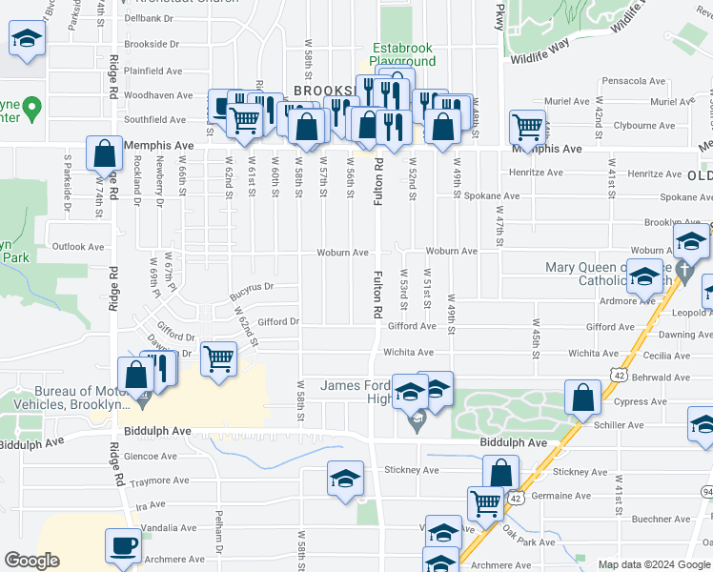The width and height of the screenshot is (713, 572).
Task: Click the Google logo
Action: click(31, 561)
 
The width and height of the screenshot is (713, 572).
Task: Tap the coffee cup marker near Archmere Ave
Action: click(123, 546)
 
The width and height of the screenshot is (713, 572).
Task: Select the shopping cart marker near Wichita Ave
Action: click(219, 359)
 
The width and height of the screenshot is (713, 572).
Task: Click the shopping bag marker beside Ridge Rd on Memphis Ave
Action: click(104, 153)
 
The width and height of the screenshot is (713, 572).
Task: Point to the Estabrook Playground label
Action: click(403, 54)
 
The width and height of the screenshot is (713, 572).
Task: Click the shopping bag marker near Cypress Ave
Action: click(581, 398)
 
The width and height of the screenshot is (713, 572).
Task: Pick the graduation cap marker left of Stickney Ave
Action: click(345, 479)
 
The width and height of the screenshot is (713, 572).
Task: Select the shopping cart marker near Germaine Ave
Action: click(486, 502)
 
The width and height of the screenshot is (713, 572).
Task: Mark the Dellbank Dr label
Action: click(153, 17)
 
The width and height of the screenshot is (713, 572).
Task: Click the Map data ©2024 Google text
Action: click(652, 564)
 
